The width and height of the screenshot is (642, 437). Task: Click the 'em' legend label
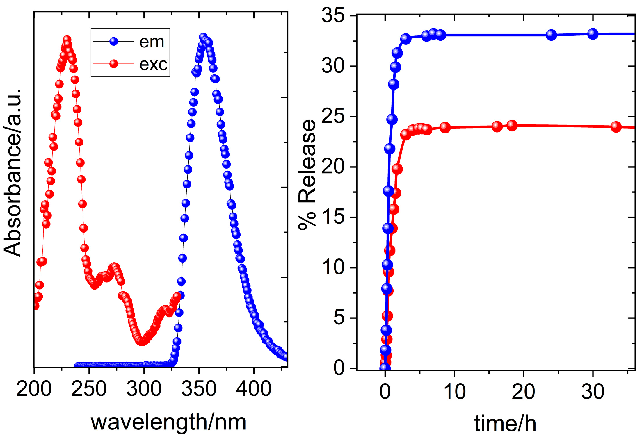point(152,42)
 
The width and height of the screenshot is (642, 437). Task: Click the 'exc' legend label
point(153,65)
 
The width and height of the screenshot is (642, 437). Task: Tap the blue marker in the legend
point(114,42)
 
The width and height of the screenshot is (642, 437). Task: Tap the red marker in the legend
point(114,64)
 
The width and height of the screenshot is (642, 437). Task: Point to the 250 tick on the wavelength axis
point(89,388)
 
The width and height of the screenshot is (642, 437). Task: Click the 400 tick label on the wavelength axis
point(254,388)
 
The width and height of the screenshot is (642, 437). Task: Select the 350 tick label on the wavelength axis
point(199,388)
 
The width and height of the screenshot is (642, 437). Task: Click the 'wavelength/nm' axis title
point(168,422)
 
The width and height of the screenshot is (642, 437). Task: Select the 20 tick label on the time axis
point(523,391)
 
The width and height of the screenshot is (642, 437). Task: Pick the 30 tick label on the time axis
point(593,391)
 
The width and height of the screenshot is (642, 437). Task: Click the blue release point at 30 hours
point(593,34)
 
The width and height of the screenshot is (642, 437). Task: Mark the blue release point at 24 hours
point(551,35)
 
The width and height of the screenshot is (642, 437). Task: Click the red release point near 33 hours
point(616,127)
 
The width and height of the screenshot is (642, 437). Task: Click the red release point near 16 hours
point(497,126)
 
